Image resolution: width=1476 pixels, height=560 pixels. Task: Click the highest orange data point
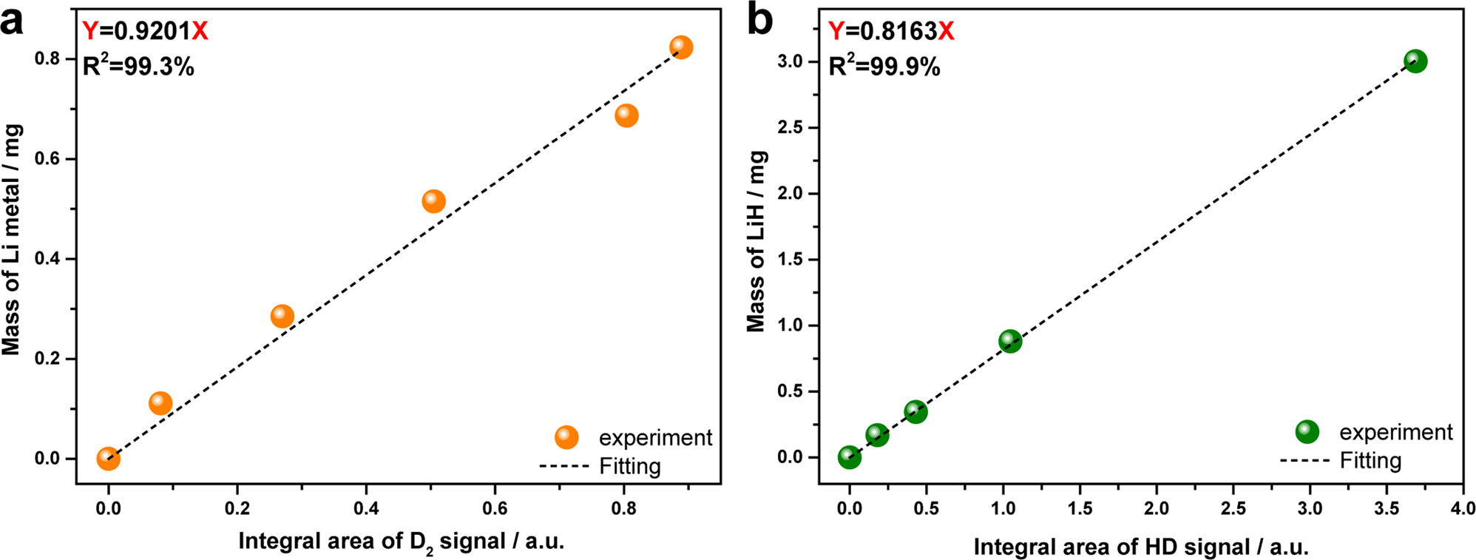[x=680, y=47]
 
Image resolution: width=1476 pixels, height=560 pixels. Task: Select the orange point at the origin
[x=108, y=459]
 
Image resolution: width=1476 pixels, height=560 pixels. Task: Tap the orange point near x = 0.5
[x=433, y=201]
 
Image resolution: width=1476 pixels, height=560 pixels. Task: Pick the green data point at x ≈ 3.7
[x=1415, y=61]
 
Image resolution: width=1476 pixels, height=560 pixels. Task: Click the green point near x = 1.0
[x=1009, y=341]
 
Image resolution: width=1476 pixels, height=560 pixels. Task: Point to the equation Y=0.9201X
[x=145, y=31]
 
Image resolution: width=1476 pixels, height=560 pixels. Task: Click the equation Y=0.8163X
[x=891, y=31]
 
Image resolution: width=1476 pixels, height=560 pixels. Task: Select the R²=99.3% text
[x=138, y=67]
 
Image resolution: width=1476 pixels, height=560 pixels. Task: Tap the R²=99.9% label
[x=884, y=67]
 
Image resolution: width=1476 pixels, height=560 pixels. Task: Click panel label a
[x=12, y=21]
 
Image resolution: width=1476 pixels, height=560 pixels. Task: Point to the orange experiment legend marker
[x=566, y=437]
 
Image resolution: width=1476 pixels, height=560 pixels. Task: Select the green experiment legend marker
[x=1307, y=431]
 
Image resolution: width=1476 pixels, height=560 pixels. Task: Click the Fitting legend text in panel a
[x=629, y=466]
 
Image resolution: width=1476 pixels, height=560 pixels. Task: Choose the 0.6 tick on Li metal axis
[x=48, y=159]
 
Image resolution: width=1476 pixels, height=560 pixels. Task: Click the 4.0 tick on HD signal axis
[x=1462, y=508]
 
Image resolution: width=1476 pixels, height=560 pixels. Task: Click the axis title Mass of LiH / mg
[x=756, y=241]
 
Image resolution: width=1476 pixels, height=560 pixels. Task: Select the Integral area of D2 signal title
[x=401, y=542]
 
